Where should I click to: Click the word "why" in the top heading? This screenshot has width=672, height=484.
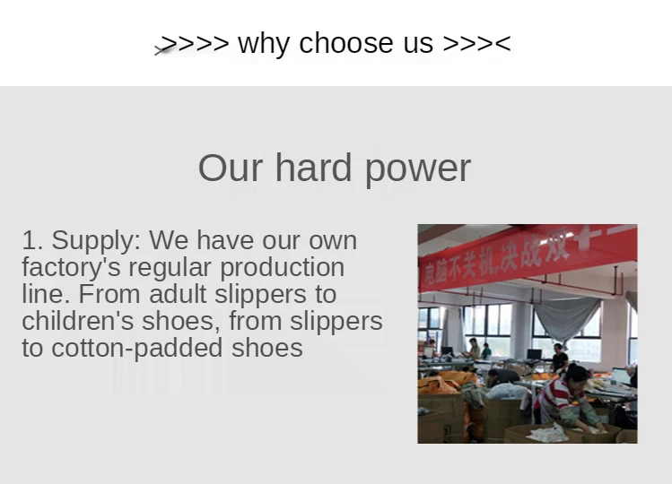263,44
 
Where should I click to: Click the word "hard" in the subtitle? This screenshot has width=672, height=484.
314,167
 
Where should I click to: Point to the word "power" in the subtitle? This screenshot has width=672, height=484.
418,169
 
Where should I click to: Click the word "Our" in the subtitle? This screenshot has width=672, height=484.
231,168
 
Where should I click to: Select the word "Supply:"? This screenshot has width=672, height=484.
96,241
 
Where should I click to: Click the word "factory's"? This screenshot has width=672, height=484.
71,268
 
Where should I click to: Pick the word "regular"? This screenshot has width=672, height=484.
170,269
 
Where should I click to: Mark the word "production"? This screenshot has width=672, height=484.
282,268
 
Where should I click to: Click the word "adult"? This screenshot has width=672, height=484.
178,294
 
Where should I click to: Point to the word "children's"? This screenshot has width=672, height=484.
77,321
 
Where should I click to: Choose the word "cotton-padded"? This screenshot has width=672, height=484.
136,348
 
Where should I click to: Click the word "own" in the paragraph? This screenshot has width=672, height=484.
333,242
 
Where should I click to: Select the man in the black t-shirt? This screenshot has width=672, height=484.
559,359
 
